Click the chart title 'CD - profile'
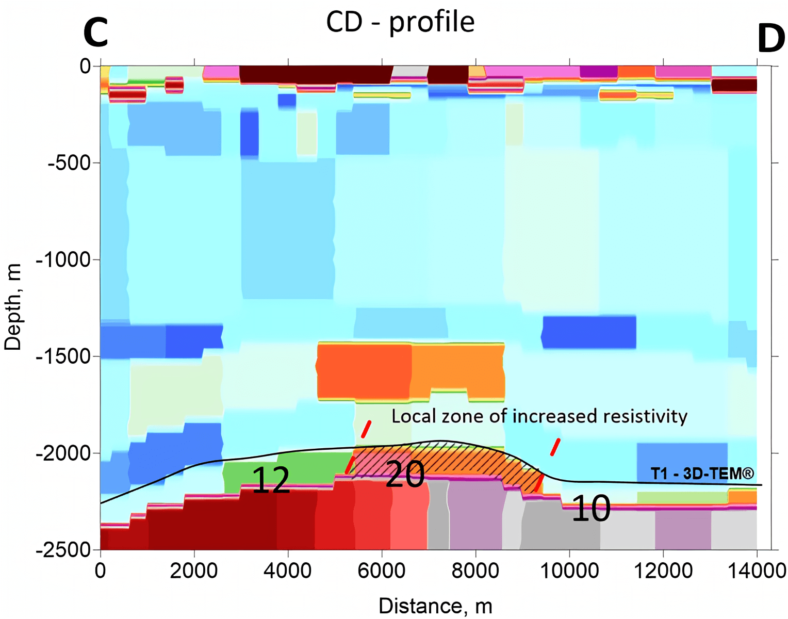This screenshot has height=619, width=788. pos(400,22)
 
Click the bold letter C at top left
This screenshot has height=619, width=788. pos(96,32)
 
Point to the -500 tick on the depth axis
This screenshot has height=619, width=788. pos(69,163)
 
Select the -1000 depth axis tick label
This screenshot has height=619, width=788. pos(64,259)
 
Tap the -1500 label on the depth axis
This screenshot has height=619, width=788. pos(64,356)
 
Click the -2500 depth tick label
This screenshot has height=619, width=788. pos(64,550)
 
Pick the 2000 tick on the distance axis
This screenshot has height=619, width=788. pos(194,571)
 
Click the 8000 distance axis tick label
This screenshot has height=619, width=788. pos(475,571)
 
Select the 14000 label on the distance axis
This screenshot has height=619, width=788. pos(757,571)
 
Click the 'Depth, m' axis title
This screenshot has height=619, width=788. pos(13,307)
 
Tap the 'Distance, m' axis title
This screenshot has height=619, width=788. pos(435,606)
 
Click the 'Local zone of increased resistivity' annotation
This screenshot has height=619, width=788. pos(539,416)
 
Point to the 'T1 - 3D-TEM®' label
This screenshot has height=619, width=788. pos(702,474)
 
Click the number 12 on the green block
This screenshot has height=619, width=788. pos(271,480)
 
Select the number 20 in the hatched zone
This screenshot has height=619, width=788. pos(405,475)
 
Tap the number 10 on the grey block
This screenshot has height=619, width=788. pos(591,509)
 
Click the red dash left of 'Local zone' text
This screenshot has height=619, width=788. pos(366,429)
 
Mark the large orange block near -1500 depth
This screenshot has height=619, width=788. pos(411,370)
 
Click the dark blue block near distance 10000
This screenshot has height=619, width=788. pos(589,332)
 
